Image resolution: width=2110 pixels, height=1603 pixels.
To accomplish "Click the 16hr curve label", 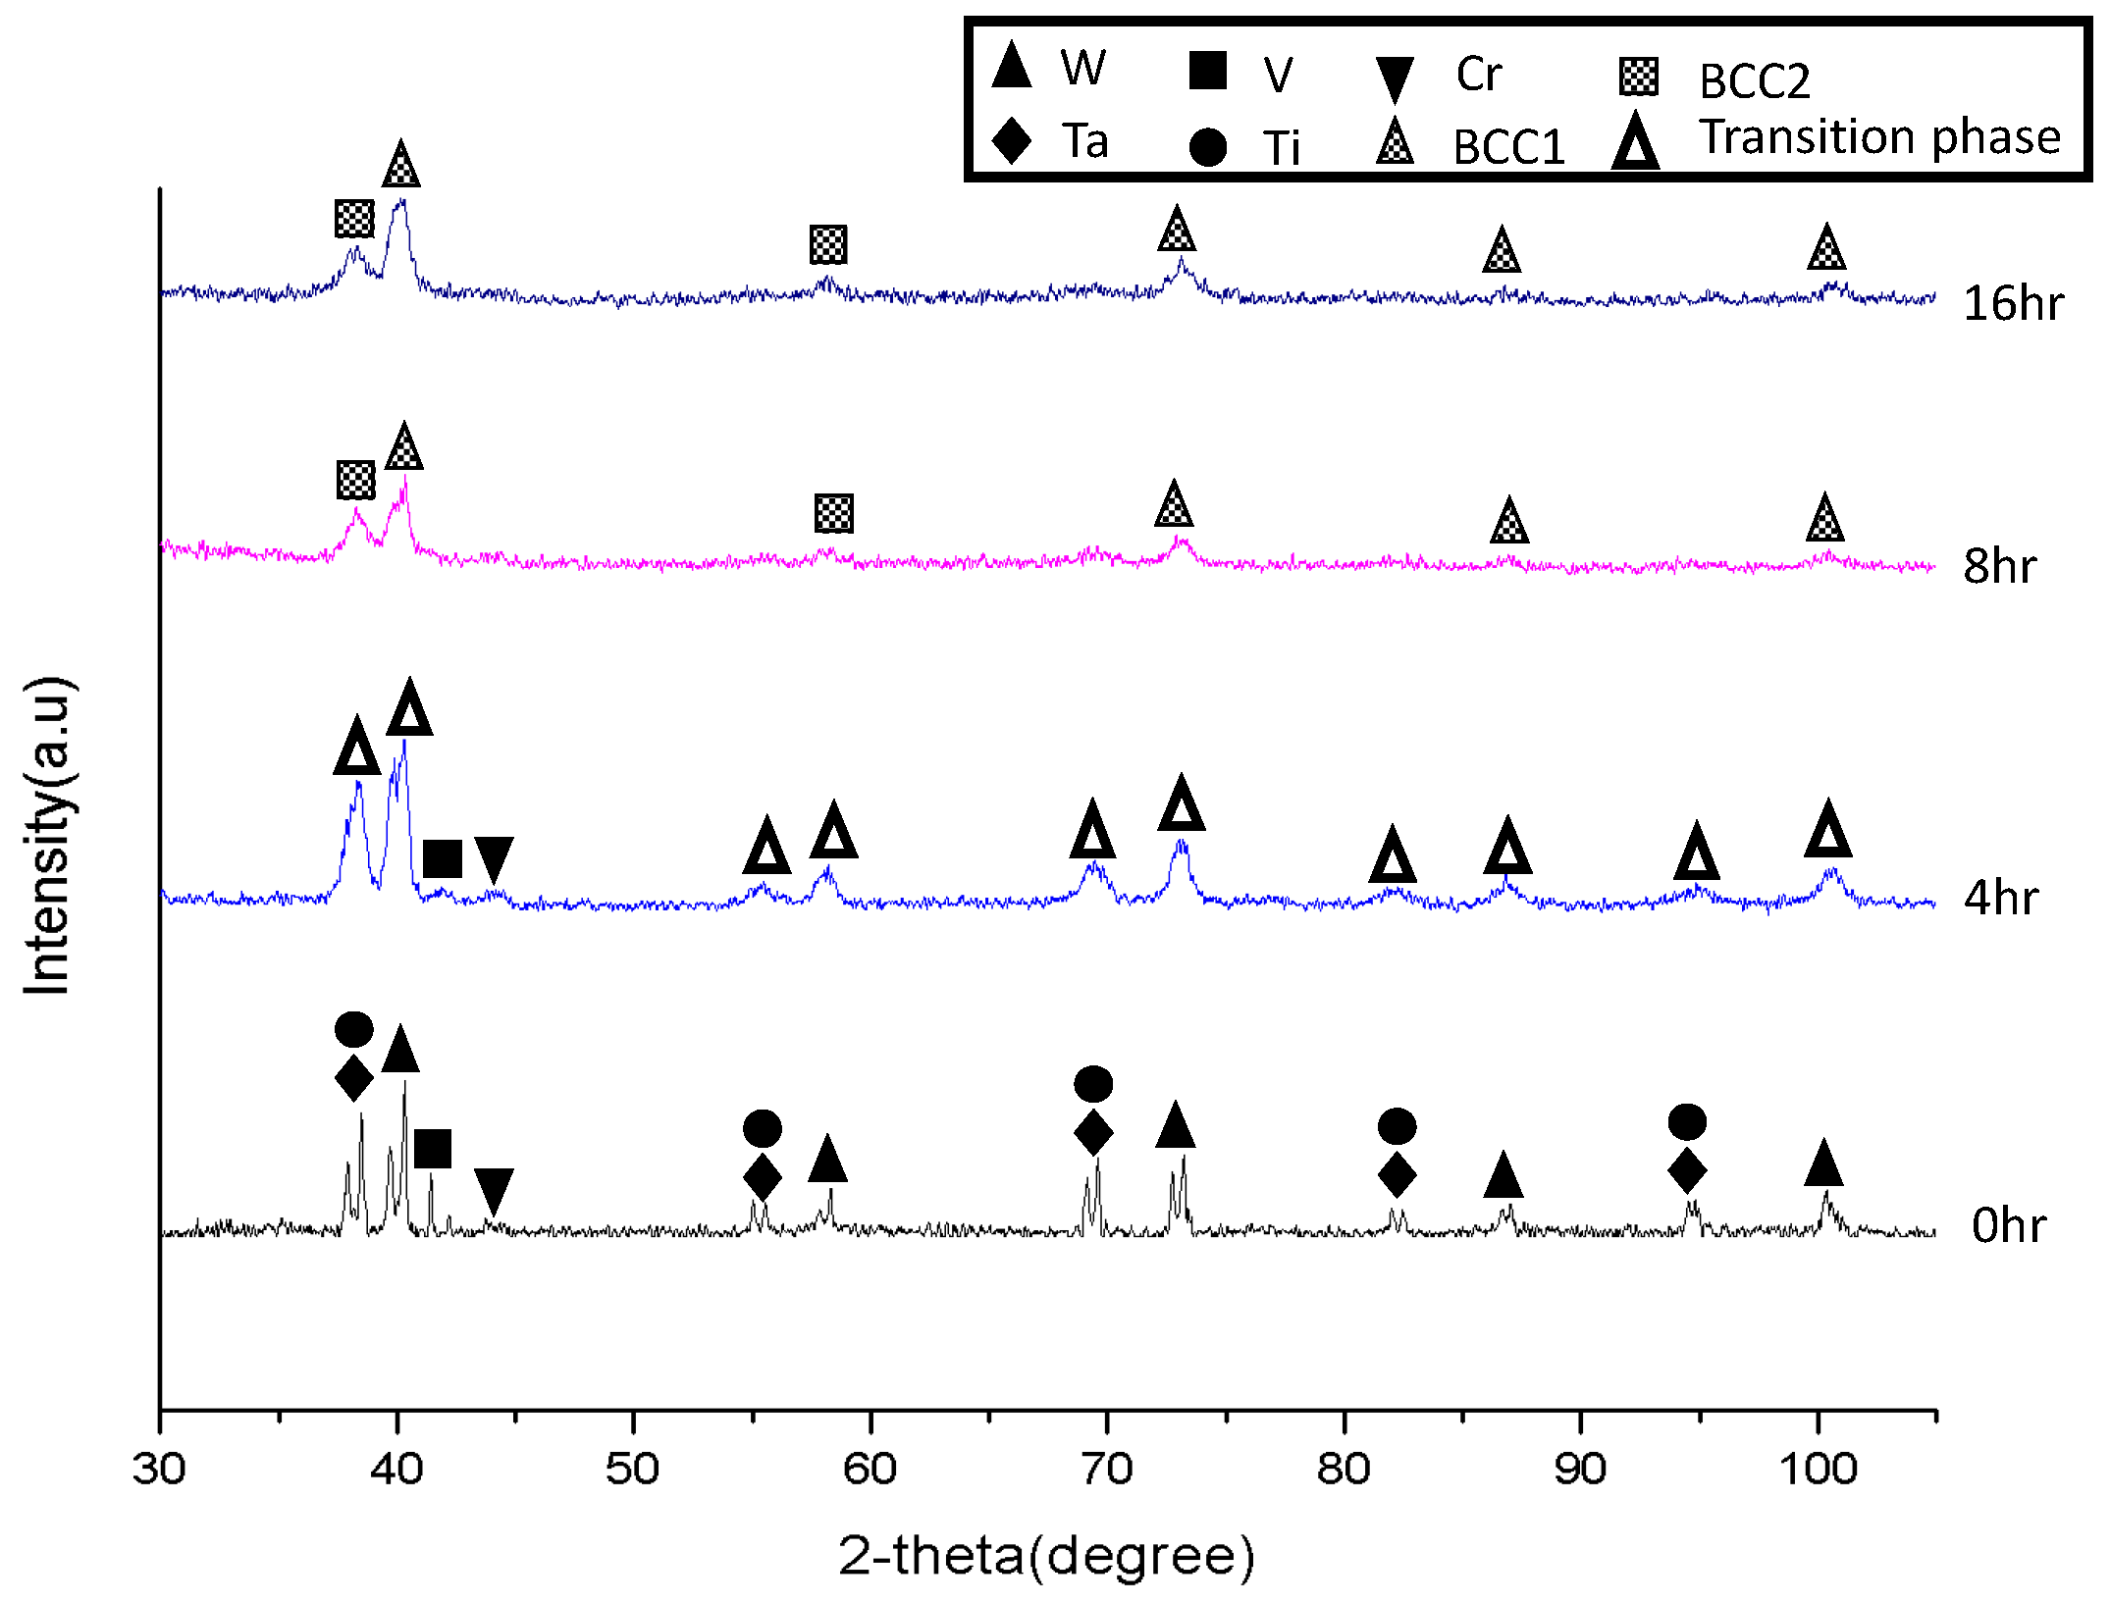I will click(2013, 303).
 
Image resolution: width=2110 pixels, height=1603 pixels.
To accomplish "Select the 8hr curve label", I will click(1999, 566).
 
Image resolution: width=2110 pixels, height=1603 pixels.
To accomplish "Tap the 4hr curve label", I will click(2001, 898).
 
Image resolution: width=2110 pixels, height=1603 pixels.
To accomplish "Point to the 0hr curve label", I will click(2009, 1225).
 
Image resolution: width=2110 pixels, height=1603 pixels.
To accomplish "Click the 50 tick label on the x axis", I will click(632, 1469).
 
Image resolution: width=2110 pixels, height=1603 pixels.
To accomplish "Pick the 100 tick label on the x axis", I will click(1818, 1469).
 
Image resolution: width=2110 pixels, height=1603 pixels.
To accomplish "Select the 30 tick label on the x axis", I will click(159, 1469).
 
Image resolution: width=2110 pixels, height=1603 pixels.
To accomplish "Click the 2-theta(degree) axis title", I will click(1046, 1556).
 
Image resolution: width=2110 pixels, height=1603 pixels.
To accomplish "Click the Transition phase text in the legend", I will click(1879, 136).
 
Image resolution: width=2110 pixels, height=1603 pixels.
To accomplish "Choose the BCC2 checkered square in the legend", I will click(1639, 77).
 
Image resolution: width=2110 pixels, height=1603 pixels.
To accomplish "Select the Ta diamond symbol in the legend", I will click(1012, 140).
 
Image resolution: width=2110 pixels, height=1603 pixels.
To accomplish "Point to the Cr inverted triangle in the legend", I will click(1394, 78).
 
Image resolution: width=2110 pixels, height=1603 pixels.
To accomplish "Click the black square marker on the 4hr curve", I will click(443, 858).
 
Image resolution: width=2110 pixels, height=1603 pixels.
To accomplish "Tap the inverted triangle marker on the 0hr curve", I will click(494, 1190).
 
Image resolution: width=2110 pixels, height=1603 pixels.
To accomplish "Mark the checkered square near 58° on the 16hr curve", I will click(828, 244).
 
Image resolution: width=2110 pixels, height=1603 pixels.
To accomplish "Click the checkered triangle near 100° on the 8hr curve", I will click(1824, 519).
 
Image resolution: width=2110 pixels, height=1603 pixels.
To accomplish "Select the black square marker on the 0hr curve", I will click(433, 1149).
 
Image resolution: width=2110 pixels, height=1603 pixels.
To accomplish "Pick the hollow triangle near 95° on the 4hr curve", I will click(1697, 853).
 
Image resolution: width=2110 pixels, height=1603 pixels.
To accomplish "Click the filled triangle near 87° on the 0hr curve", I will click(1503, 1176).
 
